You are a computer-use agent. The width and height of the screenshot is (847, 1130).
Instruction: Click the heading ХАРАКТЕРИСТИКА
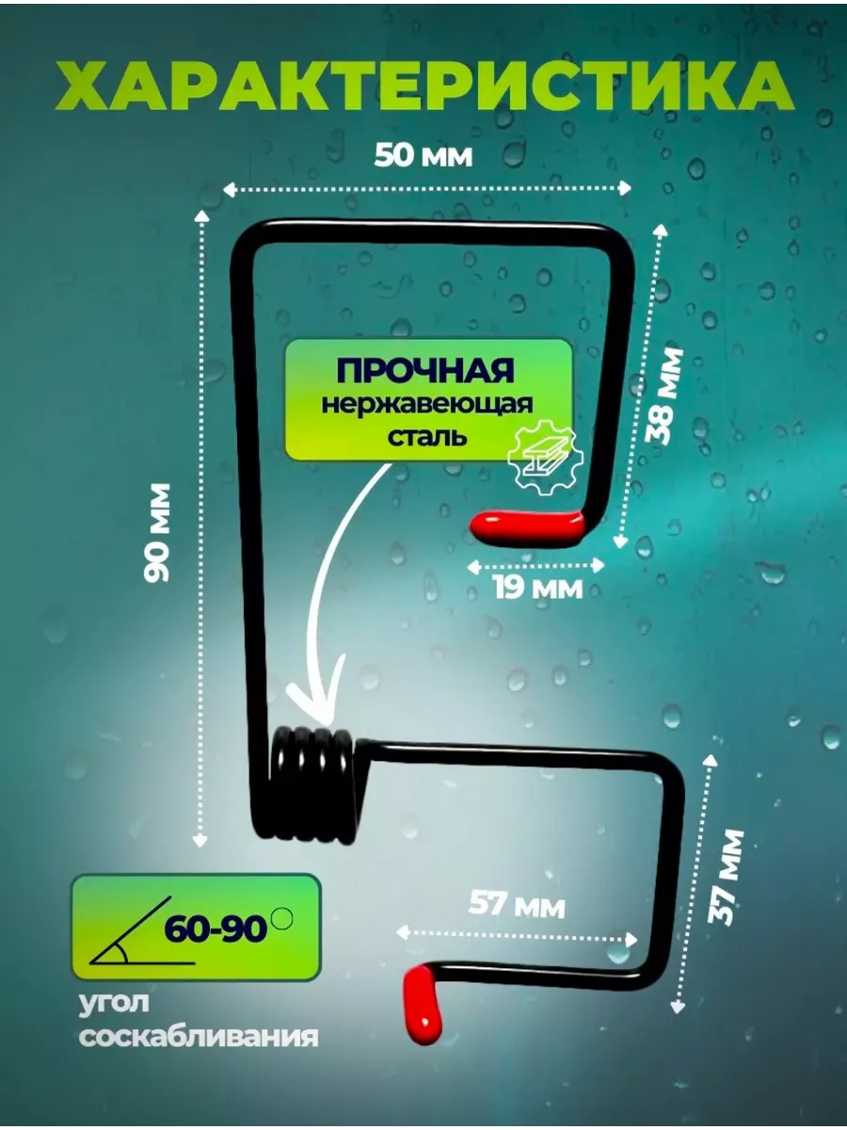(423, 86)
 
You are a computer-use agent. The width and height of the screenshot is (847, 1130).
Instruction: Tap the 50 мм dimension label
(423, 155)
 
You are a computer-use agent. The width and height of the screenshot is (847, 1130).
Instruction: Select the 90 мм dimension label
(157, 532)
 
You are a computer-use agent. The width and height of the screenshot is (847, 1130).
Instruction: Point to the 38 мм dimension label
(663, 395)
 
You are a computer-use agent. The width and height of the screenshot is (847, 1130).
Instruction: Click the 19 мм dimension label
(538, 587)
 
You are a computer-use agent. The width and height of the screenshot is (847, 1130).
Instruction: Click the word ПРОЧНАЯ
(424, 370)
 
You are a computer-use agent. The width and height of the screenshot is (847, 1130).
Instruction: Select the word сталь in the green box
(427, 438)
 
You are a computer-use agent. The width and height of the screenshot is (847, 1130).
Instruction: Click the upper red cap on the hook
(528, 525)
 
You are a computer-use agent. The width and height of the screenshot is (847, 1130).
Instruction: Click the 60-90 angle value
(216, 929)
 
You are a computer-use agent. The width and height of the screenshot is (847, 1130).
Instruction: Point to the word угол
(114, 1002)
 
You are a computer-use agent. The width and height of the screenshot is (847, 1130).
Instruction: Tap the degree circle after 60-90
(282, 917)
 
